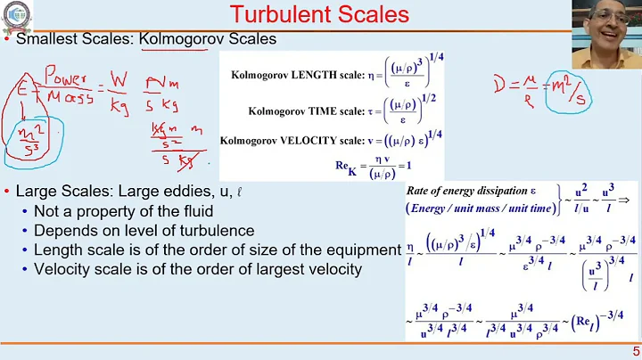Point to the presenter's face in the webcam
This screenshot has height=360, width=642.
pos(609,28)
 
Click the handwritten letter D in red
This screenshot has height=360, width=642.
pos(501,87)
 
